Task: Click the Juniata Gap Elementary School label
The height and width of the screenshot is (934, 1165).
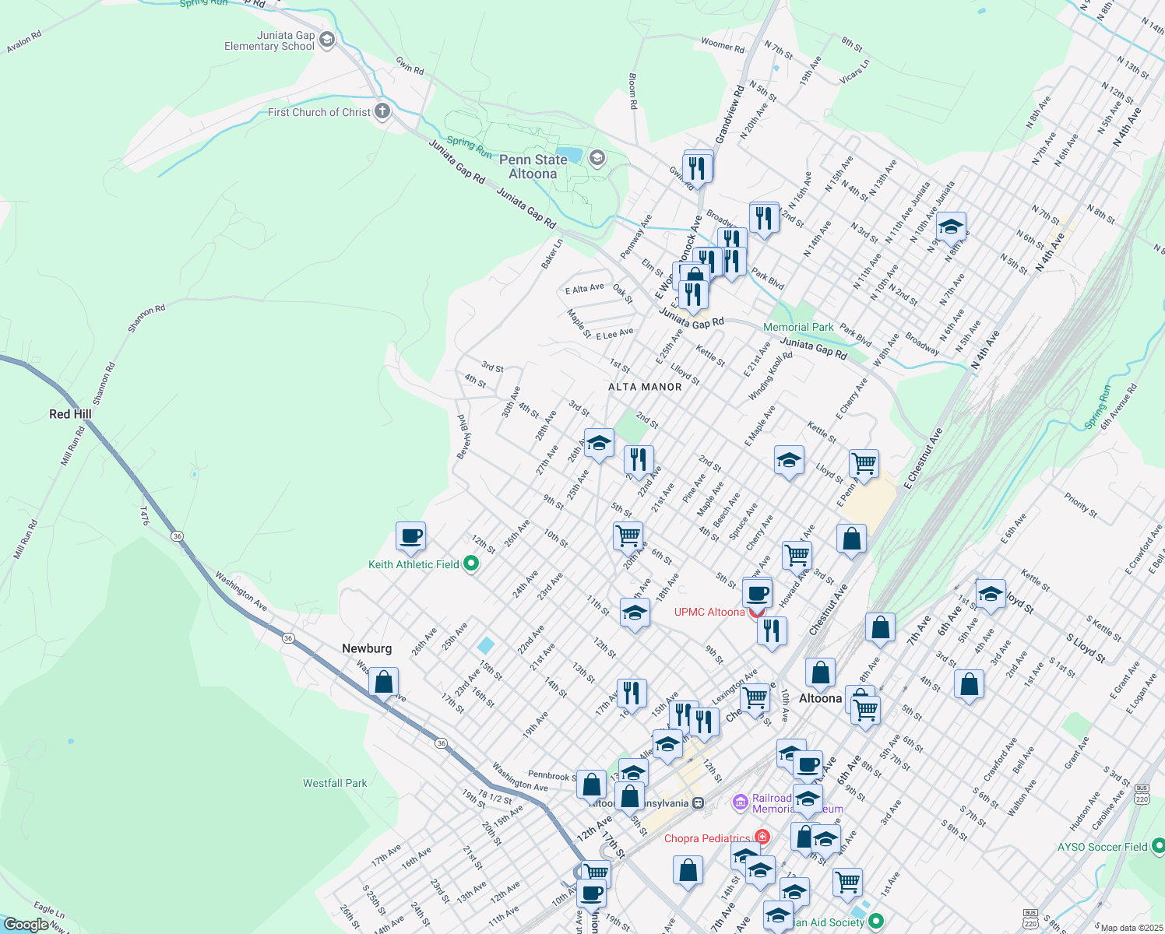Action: click(x=269, y=41)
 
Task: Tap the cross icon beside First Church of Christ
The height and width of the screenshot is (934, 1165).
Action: click(x=382, y=111)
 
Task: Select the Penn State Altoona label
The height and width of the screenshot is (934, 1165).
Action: click(x=533, y=167)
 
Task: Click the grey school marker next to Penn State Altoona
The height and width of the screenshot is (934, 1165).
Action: click(x=597, y=159)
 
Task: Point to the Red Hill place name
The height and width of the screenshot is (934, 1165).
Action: click(x=70, y=414)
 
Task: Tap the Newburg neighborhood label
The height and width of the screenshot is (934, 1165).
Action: click(x=367, y=648)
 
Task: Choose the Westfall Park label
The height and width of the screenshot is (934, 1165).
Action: click(x=335, y=783)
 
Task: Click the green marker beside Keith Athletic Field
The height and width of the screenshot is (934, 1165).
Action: click(x=471, y=564)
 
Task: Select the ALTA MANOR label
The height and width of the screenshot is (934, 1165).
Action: click(x=645, y=387)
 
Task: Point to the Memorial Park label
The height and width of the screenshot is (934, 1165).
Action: click(x=798, y=328)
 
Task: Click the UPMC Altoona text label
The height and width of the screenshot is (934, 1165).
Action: click(x=709, y=612)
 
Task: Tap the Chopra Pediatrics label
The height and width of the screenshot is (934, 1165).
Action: click(x=707, y=838)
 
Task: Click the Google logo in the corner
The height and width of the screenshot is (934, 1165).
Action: click(x=26, y=925)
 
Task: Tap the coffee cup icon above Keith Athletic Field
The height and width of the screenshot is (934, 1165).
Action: click(x=410, y=535)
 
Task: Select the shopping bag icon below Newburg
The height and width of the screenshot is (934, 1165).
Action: click(x=383, y=682)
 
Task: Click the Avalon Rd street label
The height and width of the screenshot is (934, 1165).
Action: click(x=24, y=42)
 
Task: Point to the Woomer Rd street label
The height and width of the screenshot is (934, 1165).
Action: click(x=722, y=45)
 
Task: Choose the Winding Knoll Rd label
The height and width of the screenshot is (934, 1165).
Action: click(x=770, y=376)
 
